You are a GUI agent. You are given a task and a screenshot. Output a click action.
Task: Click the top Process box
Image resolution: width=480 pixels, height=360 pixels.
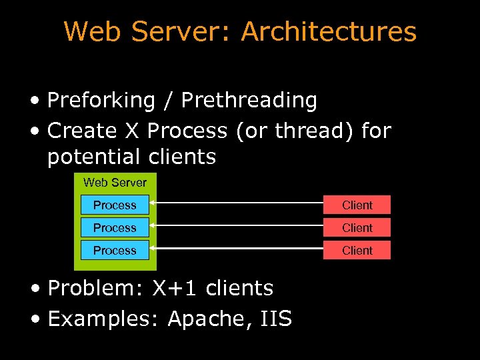115,205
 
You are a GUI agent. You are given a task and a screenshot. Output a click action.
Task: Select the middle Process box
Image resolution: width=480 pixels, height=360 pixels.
115,227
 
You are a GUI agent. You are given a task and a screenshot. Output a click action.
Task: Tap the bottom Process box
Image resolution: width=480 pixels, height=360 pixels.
115,250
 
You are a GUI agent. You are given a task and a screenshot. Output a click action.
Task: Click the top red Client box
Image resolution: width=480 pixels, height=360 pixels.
357,205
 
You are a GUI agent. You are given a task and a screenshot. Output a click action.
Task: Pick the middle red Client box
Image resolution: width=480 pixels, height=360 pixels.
357,227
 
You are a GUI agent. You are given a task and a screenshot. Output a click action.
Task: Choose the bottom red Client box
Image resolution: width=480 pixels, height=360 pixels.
357,250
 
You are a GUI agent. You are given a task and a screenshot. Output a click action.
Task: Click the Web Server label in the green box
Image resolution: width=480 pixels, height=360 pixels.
115,182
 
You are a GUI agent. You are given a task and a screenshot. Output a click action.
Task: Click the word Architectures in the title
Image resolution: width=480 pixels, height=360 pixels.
329,32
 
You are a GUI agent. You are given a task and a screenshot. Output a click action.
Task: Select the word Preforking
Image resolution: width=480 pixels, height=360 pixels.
101,101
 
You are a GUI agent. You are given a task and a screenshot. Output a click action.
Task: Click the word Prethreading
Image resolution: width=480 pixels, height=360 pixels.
249,101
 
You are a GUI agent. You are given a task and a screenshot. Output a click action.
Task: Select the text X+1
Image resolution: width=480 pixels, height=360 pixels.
176,289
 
